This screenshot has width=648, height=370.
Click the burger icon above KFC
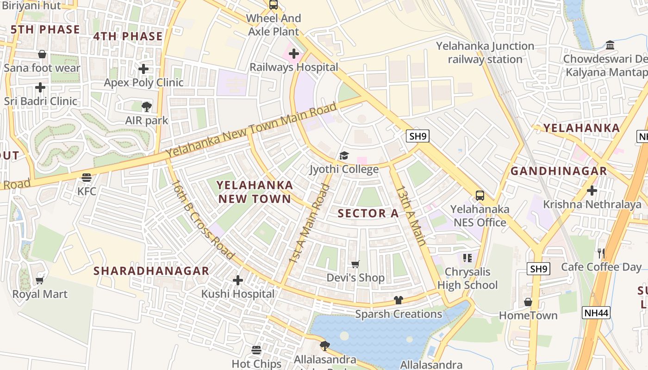click(86, 177)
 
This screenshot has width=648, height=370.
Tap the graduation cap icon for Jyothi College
click(344, 155)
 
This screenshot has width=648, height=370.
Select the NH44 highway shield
click(596, 313)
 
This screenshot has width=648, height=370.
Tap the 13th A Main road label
click(410, 216)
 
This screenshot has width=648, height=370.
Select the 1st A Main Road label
click(309, 224)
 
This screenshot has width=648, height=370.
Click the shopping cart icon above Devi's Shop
click(355, 264)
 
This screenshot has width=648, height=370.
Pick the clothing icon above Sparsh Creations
click(398, 300)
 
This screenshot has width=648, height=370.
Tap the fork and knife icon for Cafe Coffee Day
click(601, 253)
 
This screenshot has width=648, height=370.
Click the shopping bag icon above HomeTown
click(528, 302)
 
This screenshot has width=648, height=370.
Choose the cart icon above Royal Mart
click(40, 280)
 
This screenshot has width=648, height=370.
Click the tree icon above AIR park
click(147, 107)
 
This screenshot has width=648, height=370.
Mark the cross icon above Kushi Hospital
click(237, 280)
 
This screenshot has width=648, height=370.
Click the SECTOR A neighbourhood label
click(368, 213)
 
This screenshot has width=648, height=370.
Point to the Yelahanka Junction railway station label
click(485, 53)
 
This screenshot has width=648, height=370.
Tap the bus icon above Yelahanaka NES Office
click(480, 196)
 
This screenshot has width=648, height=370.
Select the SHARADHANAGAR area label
click(151, 271)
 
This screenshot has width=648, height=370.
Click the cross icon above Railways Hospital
click(293, 54)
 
